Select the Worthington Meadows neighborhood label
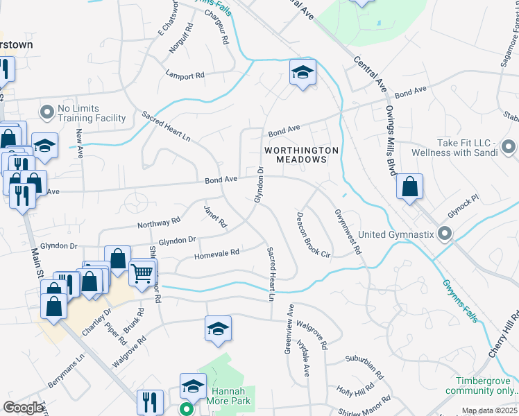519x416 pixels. tap(301, 155)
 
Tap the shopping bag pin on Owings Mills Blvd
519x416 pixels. tap(410, 187)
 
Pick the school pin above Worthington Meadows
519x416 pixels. tap(303, 73)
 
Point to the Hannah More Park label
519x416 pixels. tap(226, 395)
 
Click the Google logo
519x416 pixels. tap(24, 407)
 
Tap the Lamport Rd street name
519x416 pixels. tap(185, 73)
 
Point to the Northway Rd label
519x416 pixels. tap(159, 223)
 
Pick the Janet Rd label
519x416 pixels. tap(215, 216)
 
